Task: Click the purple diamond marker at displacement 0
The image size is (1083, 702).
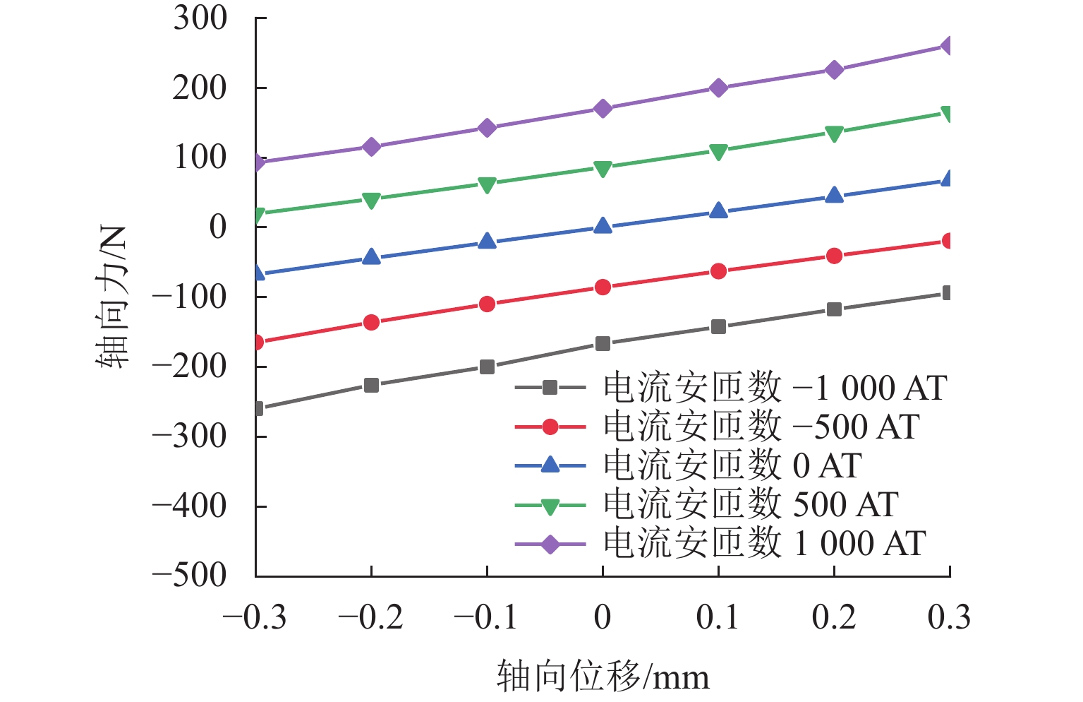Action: click(603, 108)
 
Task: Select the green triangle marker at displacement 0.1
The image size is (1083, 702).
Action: click(718, 152)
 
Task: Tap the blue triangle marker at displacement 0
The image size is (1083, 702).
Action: click(603, 226)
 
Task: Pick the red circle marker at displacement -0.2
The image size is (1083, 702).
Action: click(371, 322)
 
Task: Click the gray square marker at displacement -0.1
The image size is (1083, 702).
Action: click(487, 367)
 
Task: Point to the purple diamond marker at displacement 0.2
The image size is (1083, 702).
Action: click(834, 70)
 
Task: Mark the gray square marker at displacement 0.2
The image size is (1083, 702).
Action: click(834, 309)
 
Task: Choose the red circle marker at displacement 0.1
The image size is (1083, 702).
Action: click(718, 270)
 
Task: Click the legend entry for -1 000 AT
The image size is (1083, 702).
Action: click(730, 388)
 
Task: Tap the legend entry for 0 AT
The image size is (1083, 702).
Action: click(688, 465)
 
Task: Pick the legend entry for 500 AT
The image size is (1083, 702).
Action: click(706, 504)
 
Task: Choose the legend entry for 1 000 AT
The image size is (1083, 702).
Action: click(720, 543)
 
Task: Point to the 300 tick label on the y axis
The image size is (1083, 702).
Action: click(200, 18)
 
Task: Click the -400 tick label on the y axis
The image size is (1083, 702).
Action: click(189, 506)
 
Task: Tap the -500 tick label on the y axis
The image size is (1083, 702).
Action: click(189, 576)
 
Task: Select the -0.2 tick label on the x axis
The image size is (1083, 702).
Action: click(370, 617)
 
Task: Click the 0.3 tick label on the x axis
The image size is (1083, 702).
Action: click(949, 617)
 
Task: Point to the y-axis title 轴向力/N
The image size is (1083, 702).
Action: click(111, 297)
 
